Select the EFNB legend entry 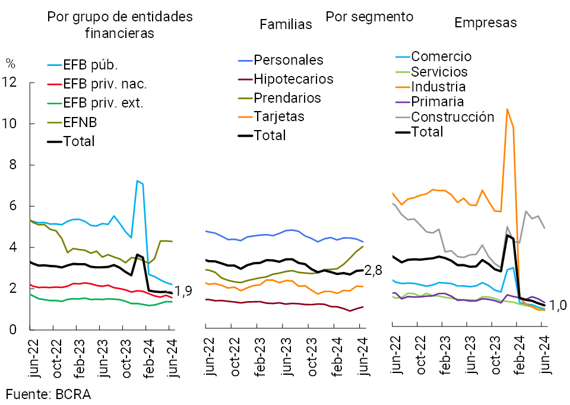tap(81, 122)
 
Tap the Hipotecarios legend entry tap(293, 79)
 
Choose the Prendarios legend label tap(287, 97)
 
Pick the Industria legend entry tap(438, 87)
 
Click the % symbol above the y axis tap(10, 62)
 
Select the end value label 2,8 tap(373, 271)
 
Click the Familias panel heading tap(286, 24)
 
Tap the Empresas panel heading tap(485, 23)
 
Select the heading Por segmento tap(369, 16)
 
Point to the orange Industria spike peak tap(507, 109)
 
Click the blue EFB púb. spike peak tap(137, 181)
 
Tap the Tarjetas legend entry tap(279, 116)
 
